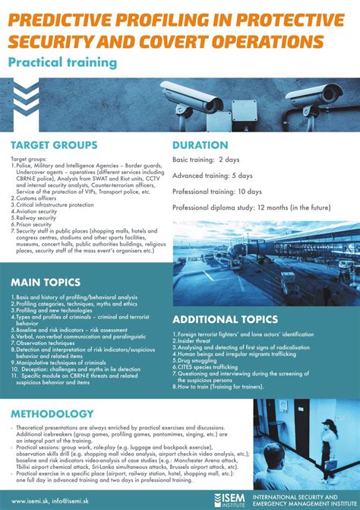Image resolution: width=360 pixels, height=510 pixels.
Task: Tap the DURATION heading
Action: coord(201,144)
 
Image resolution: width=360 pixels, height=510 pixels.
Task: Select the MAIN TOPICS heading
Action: coord(46,282)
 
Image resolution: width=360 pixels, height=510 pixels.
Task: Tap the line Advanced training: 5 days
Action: coord(212,176)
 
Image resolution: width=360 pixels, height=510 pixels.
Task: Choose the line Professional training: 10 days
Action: coord(217,191)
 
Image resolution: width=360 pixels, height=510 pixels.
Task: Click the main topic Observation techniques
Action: coord(46,343)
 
